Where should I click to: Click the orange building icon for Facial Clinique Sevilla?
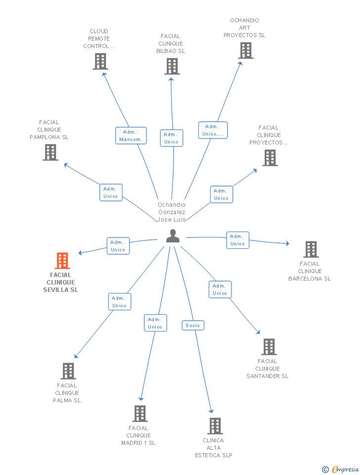[62, 261]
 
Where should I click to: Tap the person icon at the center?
[173, 236]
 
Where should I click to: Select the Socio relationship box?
[193, 326]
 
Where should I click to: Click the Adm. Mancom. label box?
[131, 136]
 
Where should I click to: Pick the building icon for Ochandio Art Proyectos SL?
[246, 50]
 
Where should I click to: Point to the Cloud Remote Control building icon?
[100, 61]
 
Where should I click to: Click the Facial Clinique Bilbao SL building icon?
[172, 66]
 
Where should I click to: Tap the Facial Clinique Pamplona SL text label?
[49, 130]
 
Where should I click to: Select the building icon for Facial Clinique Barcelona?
[311, 249]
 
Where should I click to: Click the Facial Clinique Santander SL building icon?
[269, 347]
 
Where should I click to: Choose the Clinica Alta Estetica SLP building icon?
[215, 426]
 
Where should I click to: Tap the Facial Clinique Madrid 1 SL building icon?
[140, 414]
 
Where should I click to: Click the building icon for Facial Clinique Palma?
[68, 371]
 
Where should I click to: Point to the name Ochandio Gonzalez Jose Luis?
[172, 212]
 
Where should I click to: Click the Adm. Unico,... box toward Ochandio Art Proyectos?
[213, 130]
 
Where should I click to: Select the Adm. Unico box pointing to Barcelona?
[238, 240]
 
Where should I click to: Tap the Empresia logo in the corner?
[340, 469]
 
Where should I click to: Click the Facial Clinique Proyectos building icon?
[270, 158]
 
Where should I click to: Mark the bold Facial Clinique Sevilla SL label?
[61, 283]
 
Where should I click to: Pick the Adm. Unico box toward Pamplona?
[111, 192]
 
